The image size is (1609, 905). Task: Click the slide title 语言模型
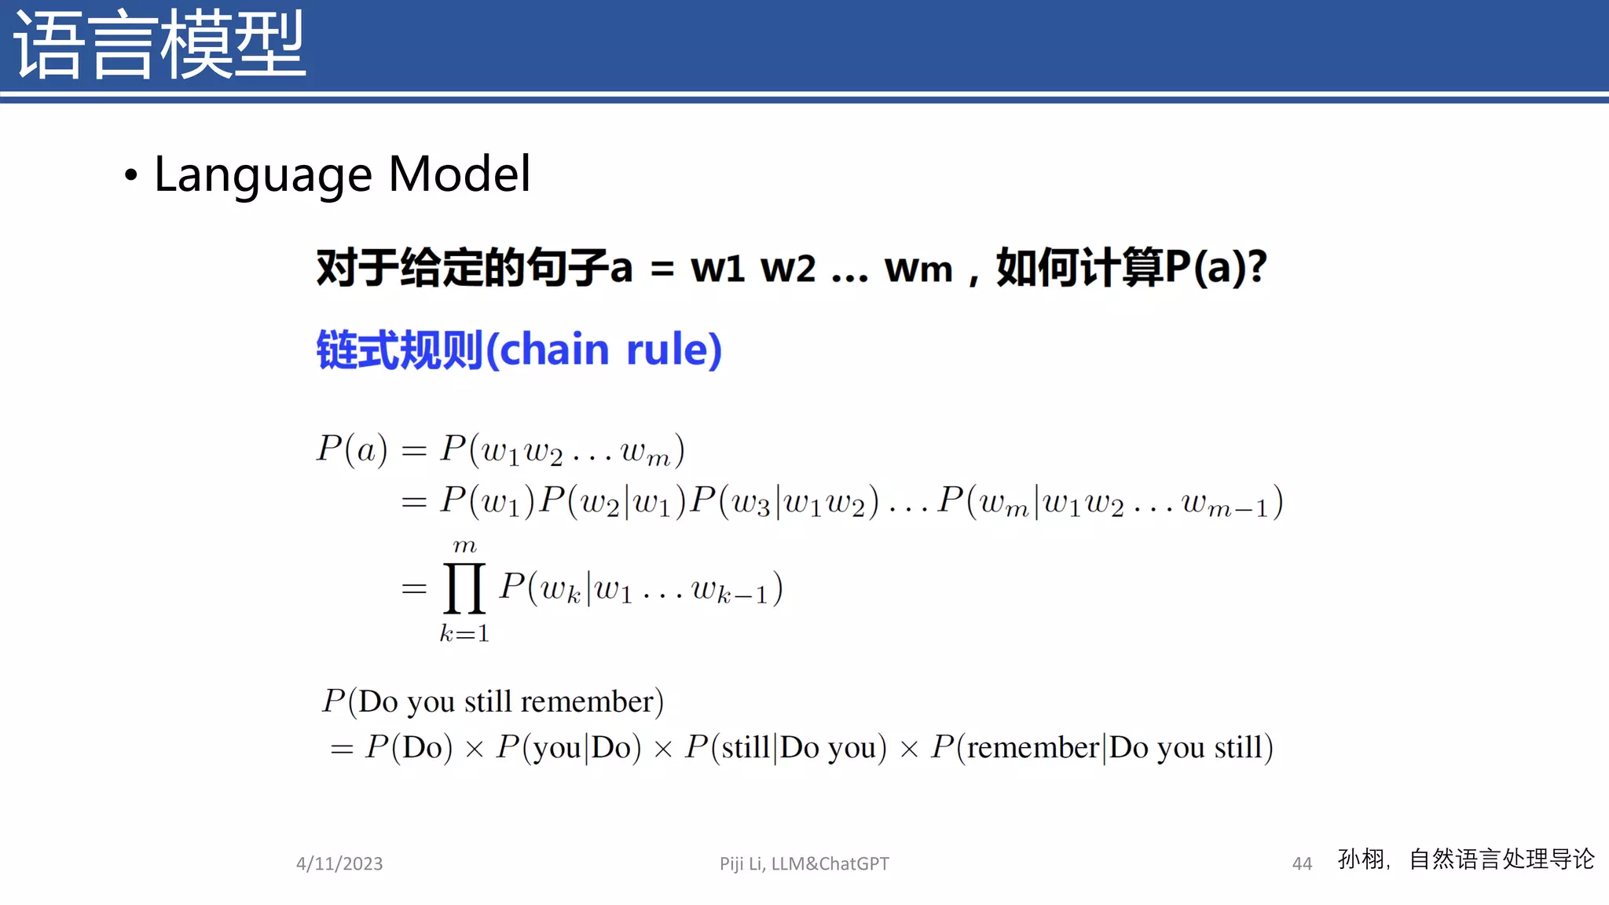coord(159,46)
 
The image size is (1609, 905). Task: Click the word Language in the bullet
coord(262,174)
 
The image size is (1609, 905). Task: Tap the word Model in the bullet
coord(460,174)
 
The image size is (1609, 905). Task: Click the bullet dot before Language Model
coord(131,175)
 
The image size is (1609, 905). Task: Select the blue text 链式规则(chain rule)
coord(519,350)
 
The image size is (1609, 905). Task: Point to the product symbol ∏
coord(464,588)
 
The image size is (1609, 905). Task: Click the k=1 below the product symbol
coord(464,633)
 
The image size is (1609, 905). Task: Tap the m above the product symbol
coord(464,544)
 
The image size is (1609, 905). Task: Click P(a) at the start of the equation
coord(351,449)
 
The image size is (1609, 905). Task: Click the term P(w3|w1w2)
coord(783,501)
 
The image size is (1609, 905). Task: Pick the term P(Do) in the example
coord(409,747)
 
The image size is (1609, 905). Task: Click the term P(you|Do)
coord(568,747)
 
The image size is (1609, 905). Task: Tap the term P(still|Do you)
coord(786,747)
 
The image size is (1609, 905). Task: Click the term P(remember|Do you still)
coord(1101,747)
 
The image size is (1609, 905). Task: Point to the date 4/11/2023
coord(339,863)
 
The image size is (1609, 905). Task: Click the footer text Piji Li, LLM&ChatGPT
coord(804,863)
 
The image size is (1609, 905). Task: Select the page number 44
coord(1302,863)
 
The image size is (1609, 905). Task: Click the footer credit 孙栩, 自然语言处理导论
coord(1465,859)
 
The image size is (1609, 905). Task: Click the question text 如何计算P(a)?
coord(1131,268)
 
